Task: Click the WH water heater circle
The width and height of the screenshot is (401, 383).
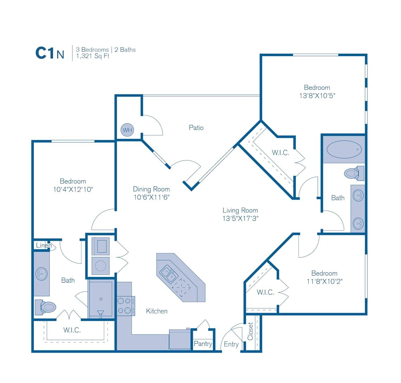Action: [x=127, y=130]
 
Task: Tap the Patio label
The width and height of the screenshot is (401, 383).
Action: [x=196, y=127]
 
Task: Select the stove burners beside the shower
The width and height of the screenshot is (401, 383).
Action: [x=126, y=305]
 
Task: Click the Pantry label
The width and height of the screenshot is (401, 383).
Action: [x=203, y=344]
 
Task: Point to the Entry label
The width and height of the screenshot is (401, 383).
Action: [x=231, y=344]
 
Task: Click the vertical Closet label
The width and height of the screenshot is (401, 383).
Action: [x=250, y=331]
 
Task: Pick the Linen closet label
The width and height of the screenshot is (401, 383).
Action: [x=44, y=245]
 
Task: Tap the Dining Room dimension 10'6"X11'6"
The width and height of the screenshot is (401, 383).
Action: [x=151, y=197]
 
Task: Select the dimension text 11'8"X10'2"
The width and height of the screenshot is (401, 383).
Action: [x=324, y=281]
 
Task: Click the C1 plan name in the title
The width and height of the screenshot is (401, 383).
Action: [x=45, y=53]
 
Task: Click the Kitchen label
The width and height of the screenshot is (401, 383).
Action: [x=157, y=311]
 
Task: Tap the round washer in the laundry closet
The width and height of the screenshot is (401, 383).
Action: [x=101, y=266]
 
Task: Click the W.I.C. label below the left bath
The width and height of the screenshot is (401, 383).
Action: [x=72, y=330]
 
